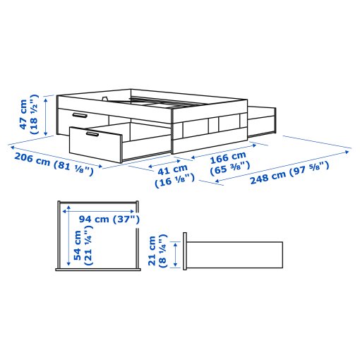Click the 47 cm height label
coord(24,114)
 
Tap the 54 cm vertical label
coord(76,244)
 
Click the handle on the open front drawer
coord(92,132)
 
